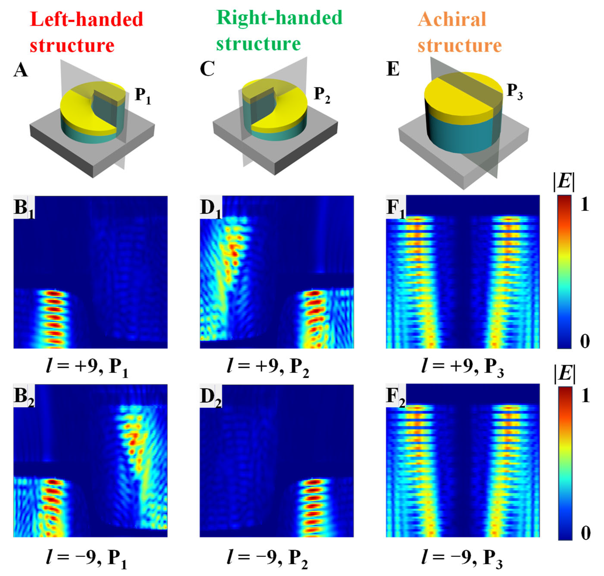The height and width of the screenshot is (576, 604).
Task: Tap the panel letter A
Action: (x=20, y=70)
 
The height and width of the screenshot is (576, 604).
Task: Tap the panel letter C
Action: (x=207, y=69)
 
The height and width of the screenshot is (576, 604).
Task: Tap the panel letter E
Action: (x=393, y=69)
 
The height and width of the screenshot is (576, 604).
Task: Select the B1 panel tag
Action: (x=24, y=208)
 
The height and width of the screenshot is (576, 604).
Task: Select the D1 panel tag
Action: (x=211, y=208)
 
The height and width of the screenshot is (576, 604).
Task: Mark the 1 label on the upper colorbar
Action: (x=585, y=204)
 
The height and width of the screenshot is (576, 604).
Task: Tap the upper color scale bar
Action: (x=564, y=272)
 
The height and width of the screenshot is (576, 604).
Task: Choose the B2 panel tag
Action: (x=24, y=396)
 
